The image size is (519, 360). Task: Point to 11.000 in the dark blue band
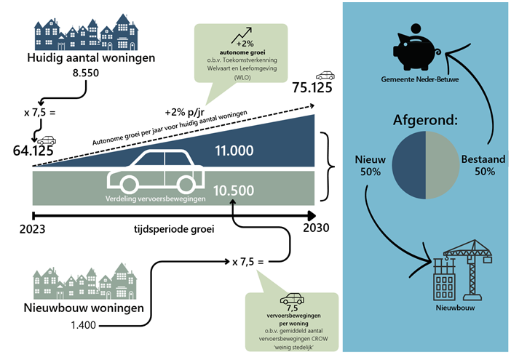point(232,151)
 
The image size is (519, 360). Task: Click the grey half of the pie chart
point(443,165)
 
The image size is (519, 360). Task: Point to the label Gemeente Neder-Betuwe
point(426,77)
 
